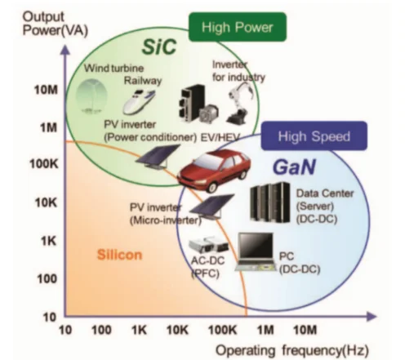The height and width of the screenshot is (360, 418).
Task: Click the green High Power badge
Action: point(238,27)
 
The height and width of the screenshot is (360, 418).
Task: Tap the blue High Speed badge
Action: point(314,136)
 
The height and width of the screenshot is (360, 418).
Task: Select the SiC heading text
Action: point(159,47)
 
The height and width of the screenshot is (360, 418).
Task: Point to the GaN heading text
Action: point(294,167)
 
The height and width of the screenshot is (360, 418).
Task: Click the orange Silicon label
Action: point(119,255)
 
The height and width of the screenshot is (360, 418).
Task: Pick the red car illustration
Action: point(214,171)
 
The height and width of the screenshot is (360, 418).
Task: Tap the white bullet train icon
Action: point(139,101)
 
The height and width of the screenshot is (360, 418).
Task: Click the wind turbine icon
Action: point(91,96)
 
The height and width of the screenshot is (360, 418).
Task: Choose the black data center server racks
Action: point(270,202)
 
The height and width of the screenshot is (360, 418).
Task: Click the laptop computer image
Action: point(256,252)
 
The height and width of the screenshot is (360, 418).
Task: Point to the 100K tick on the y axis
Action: point(44,164)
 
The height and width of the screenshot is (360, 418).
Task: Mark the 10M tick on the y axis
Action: point(47,90)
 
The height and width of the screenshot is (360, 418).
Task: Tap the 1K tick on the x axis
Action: point(139,330)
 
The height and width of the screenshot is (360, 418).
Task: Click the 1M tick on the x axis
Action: point(265,330)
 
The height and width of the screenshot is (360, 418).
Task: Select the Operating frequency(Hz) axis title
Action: point(292,350)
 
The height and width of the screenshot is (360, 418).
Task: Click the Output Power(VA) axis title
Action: point(56,24)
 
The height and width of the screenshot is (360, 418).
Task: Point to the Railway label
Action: point(143,81)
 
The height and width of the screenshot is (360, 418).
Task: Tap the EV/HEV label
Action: point(220,137)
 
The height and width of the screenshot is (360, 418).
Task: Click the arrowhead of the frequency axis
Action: point(371,316)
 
